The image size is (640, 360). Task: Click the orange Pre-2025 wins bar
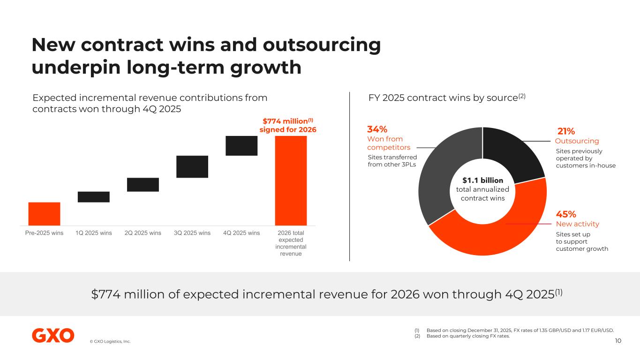[x=44, y=214]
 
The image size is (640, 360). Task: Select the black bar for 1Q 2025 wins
[x=93, y=197]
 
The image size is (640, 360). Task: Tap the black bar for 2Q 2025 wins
[x=143, y=185]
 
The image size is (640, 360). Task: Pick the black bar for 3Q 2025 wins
[x=192, y=166]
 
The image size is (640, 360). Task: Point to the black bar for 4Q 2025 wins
[x=241, y=146]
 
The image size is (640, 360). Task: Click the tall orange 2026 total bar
[x=291, y=180]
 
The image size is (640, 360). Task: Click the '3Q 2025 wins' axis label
[x=192, y=233]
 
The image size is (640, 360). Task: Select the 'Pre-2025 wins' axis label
[x=44, y=233]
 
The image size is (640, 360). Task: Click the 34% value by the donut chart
[x=377, y=129]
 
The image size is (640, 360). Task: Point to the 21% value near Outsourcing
[x=566, y=131]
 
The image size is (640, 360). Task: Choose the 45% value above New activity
[x=566, y=214]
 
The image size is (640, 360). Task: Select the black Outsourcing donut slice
[x=513, y=150]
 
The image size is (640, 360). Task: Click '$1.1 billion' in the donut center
[x=482, y=180]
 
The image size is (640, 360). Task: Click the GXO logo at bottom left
[x=53, y=336]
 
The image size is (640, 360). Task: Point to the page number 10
[x=618, y=340]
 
